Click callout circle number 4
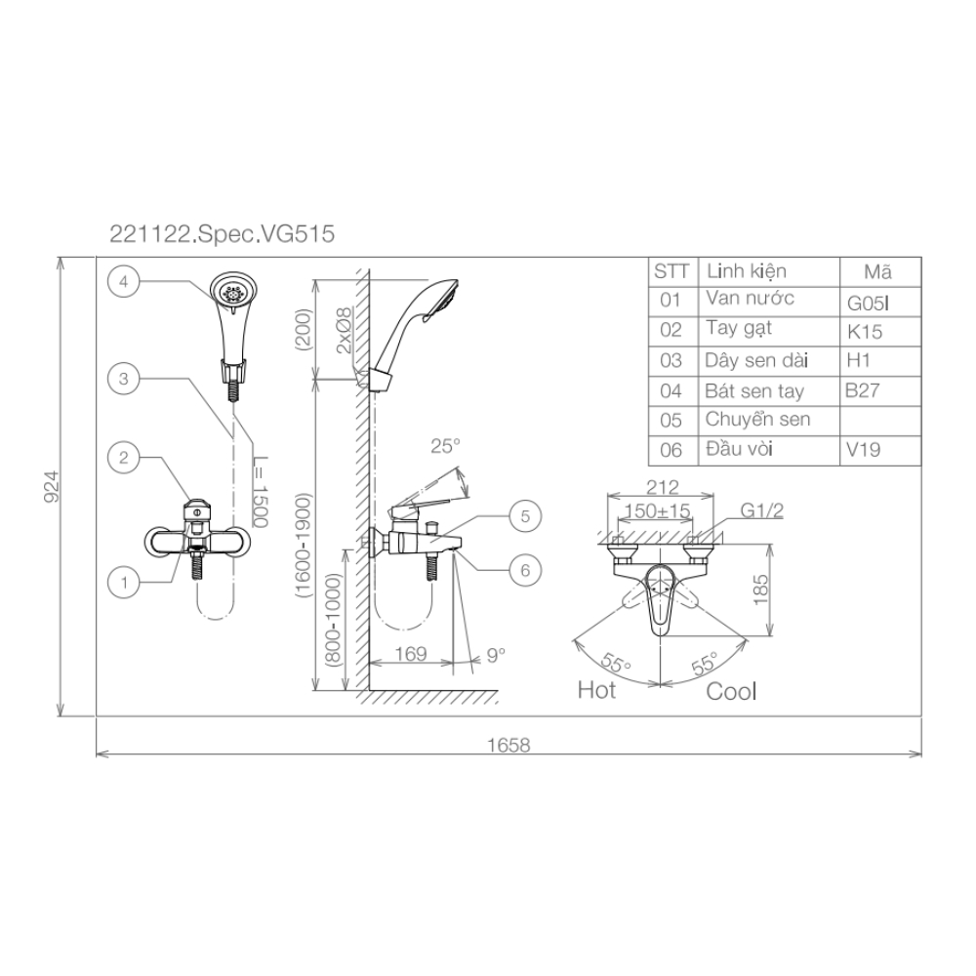pos(123,281)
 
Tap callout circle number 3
pos(123,379)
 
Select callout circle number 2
pos(123,458)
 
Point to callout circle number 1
pos(123,583)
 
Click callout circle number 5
pos(525,516)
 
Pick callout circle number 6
pos(525,570)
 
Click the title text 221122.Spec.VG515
pos(223,234)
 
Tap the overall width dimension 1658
pos(508,745)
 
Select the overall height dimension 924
pos(53,486)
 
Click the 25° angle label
pos(446,446)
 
